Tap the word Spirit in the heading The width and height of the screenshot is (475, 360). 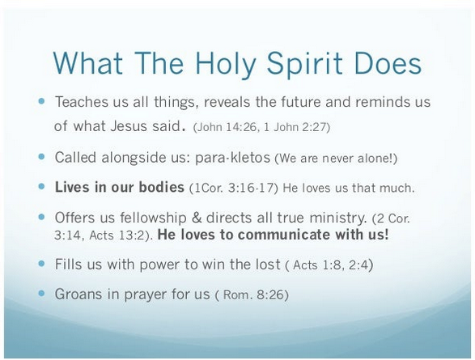coord(304,65)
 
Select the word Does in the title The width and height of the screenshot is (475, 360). coord(388,63)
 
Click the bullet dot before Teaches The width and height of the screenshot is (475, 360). coord(41,101)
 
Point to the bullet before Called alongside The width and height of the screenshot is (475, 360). coord(41,156)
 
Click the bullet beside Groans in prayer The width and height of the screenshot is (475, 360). coord(41,293)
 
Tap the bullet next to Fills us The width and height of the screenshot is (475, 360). coord(41,264)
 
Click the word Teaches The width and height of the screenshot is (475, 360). coord(81,102)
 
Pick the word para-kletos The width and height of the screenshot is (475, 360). coord(232,158)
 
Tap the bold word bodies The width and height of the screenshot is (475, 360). coord(162,187)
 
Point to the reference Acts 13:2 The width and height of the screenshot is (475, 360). coord(118,235)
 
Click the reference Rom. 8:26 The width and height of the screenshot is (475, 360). coord(254,294)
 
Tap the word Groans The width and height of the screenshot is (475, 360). coord(78,294)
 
